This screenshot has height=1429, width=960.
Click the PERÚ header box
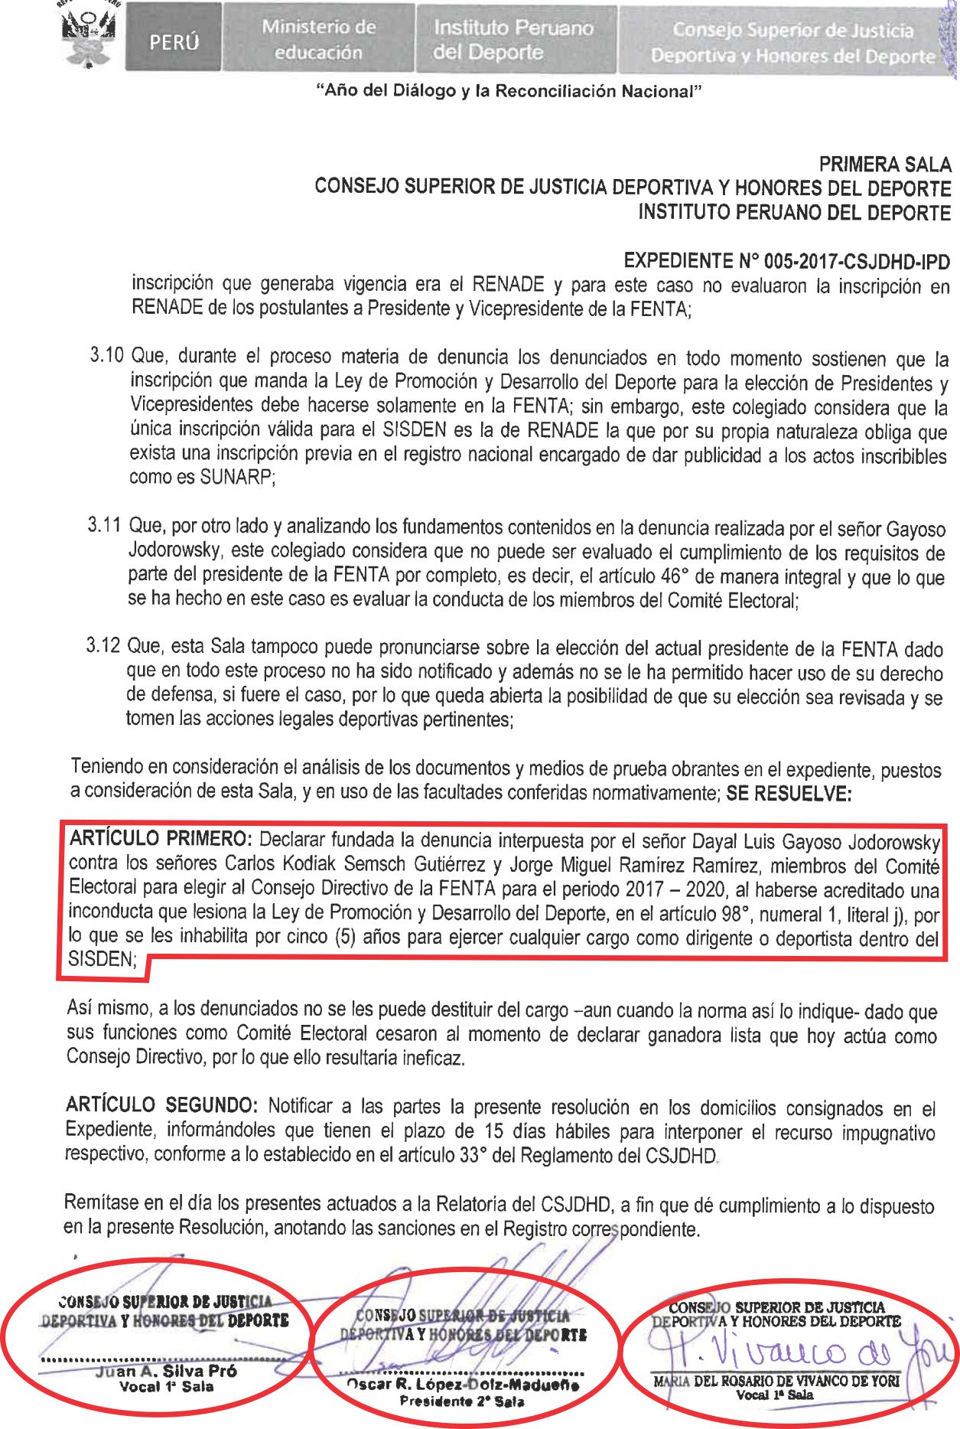(174, 40)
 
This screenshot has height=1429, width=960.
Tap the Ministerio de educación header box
(318, 39)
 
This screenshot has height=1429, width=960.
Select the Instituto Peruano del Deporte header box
(514, 40)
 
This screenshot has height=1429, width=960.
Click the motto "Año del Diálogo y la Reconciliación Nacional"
(509, 92)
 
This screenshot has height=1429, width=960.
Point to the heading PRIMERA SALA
(885, 165)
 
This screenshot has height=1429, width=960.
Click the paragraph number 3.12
(103, 645)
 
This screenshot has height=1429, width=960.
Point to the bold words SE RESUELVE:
(788, 794)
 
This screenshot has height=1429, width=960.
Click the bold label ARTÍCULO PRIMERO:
(160, 839)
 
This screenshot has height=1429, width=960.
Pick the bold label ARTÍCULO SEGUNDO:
(161, 1105)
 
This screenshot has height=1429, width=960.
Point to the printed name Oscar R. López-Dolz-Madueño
(462, 1385)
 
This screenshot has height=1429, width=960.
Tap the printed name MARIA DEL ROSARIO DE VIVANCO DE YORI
(776, 1381)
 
